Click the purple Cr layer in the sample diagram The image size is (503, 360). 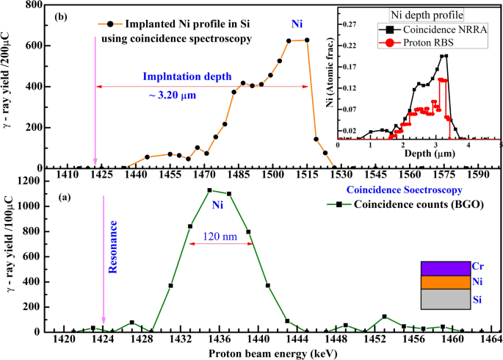[444, 268]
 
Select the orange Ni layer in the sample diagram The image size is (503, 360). [444, 282]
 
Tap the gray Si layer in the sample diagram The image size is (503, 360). [444, 300]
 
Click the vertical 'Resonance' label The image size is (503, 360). [113, 250]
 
